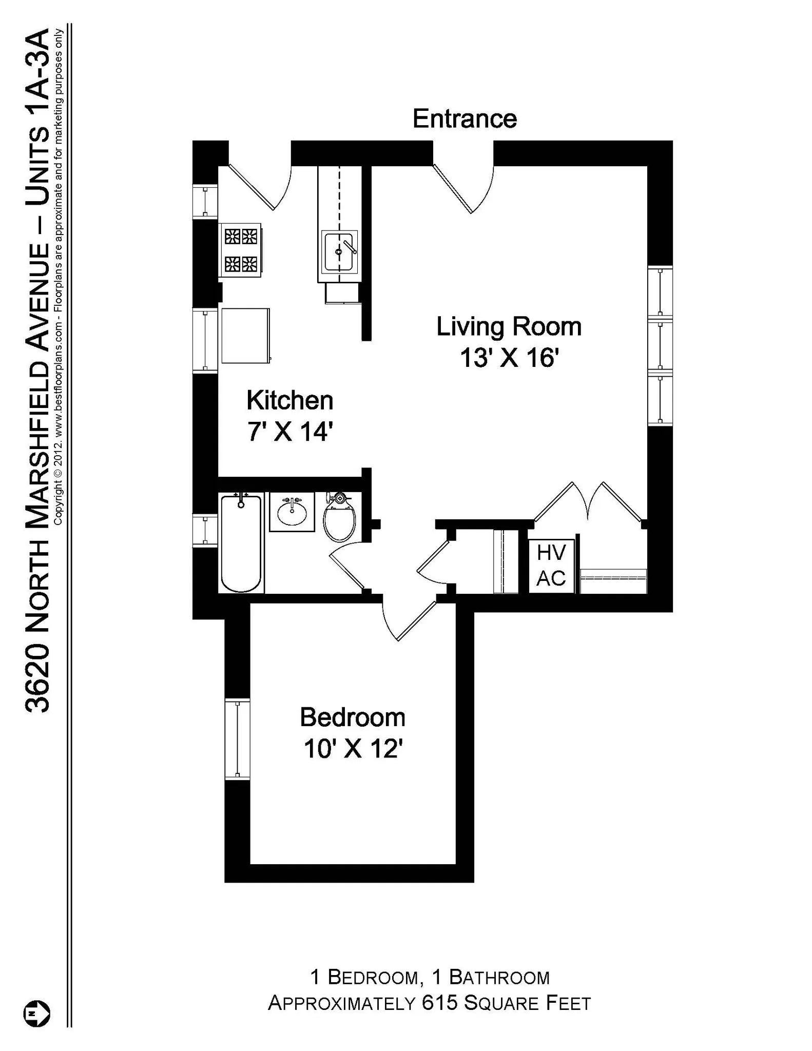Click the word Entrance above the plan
click(465, 119)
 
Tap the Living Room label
click(509, 327)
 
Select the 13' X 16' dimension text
click(509, 358)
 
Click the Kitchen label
click(289, 400)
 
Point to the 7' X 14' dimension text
click(291, 432)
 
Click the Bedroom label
click(352, 717)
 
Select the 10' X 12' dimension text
click(352, 749)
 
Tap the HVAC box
click(551, 566)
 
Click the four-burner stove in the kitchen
click(241, 250)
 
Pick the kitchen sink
click(339, 251)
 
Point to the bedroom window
click(237, 739)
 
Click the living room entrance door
click(462, 187)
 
